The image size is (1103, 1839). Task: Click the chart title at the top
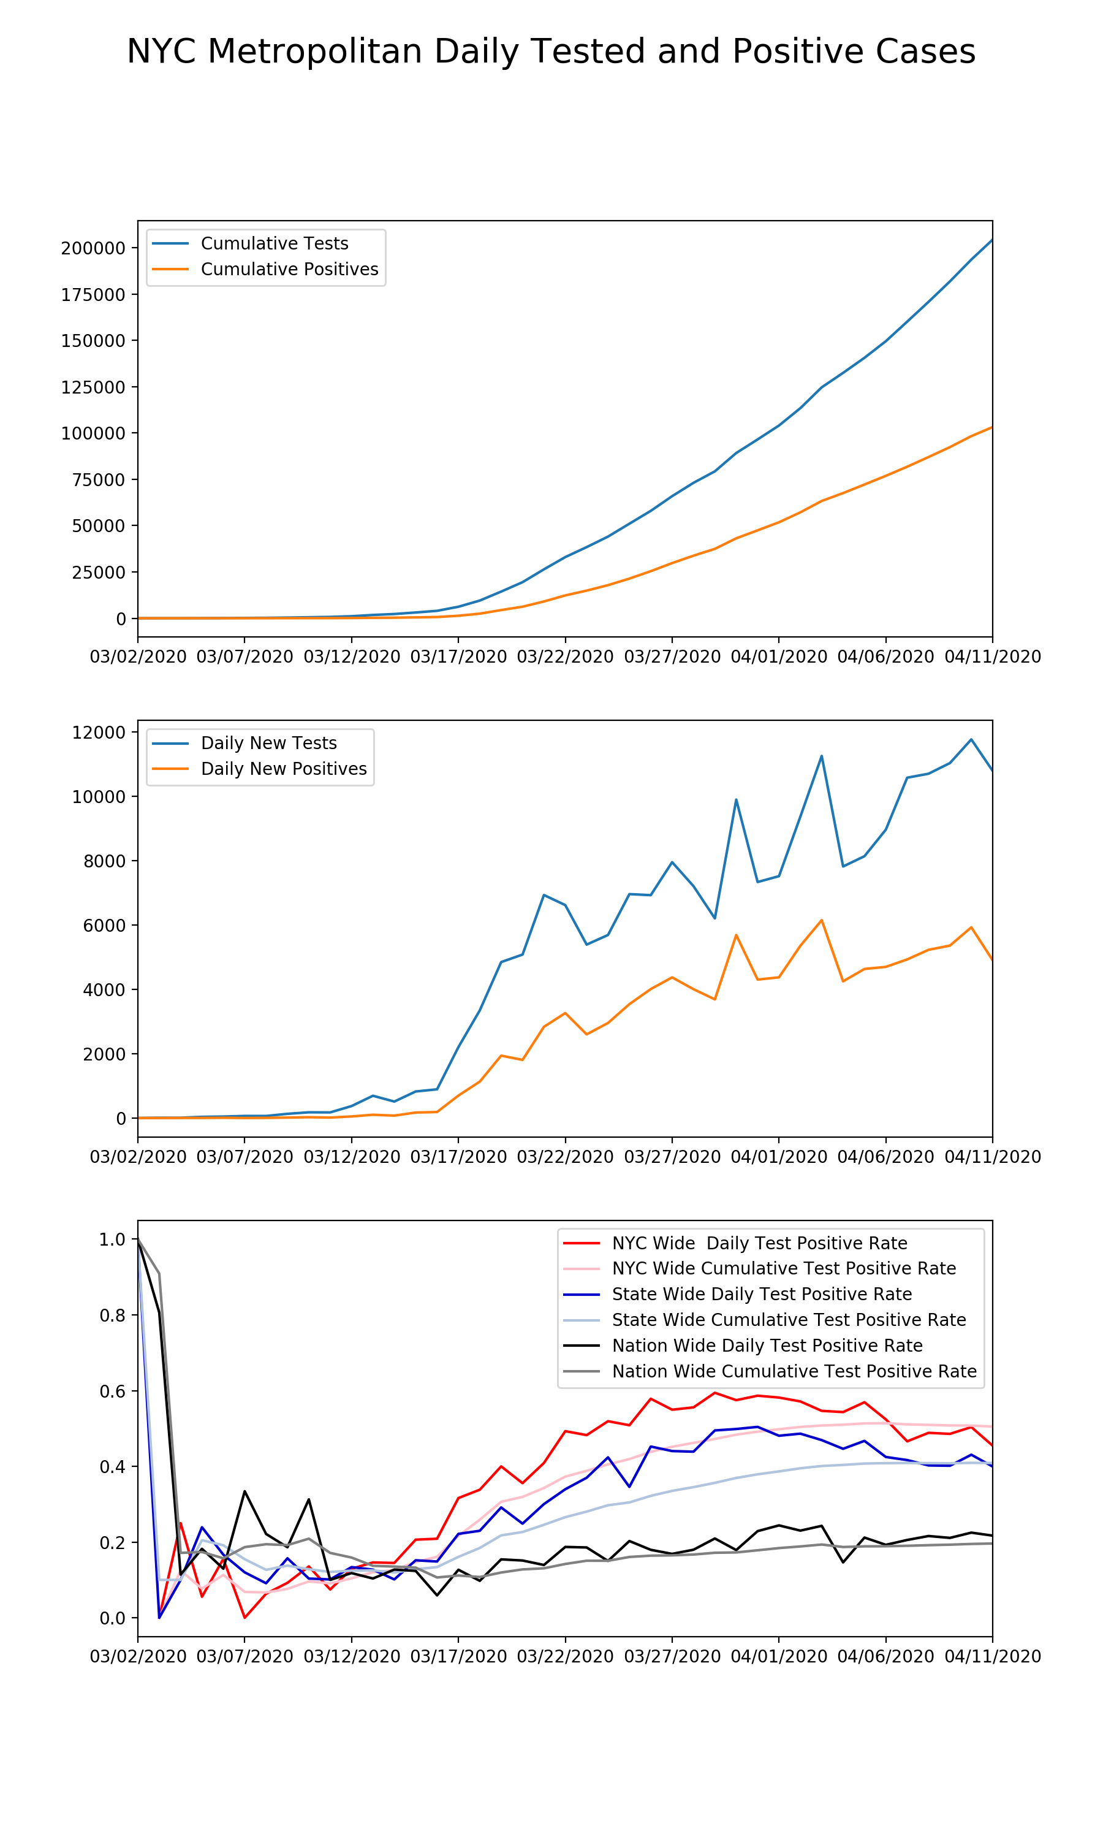551,52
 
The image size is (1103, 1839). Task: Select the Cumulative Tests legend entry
275,244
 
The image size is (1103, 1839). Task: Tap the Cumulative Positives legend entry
289,269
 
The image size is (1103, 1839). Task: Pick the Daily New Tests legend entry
268,744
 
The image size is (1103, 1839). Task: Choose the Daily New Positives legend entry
283,769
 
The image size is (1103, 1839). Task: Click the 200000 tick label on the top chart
93,248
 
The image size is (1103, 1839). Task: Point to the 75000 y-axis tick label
98,480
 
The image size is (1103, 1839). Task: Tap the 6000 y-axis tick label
104,926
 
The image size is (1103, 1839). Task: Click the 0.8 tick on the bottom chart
112,1315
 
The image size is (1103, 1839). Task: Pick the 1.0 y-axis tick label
112,1239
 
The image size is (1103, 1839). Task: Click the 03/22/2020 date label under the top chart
565,657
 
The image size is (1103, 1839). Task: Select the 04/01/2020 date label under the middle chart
778,1157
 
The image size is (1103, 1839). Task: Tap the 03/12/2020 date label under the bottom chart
352,1657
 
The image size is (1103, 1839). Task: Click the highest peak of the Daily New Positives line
821,920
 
